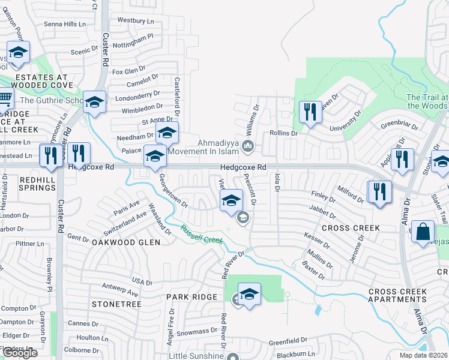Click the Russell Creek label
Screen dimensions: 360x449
202,234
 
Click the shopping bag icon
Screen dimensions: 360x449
423,231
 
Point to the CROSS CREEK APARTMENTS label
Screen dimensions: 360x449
397,295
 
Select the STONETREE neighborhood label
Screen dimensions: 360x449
116,305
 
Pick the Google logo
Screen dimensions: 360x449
20,353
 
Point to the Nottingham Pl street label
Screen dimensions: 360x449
134,41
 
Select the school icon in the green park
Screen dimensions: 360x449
249,293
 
